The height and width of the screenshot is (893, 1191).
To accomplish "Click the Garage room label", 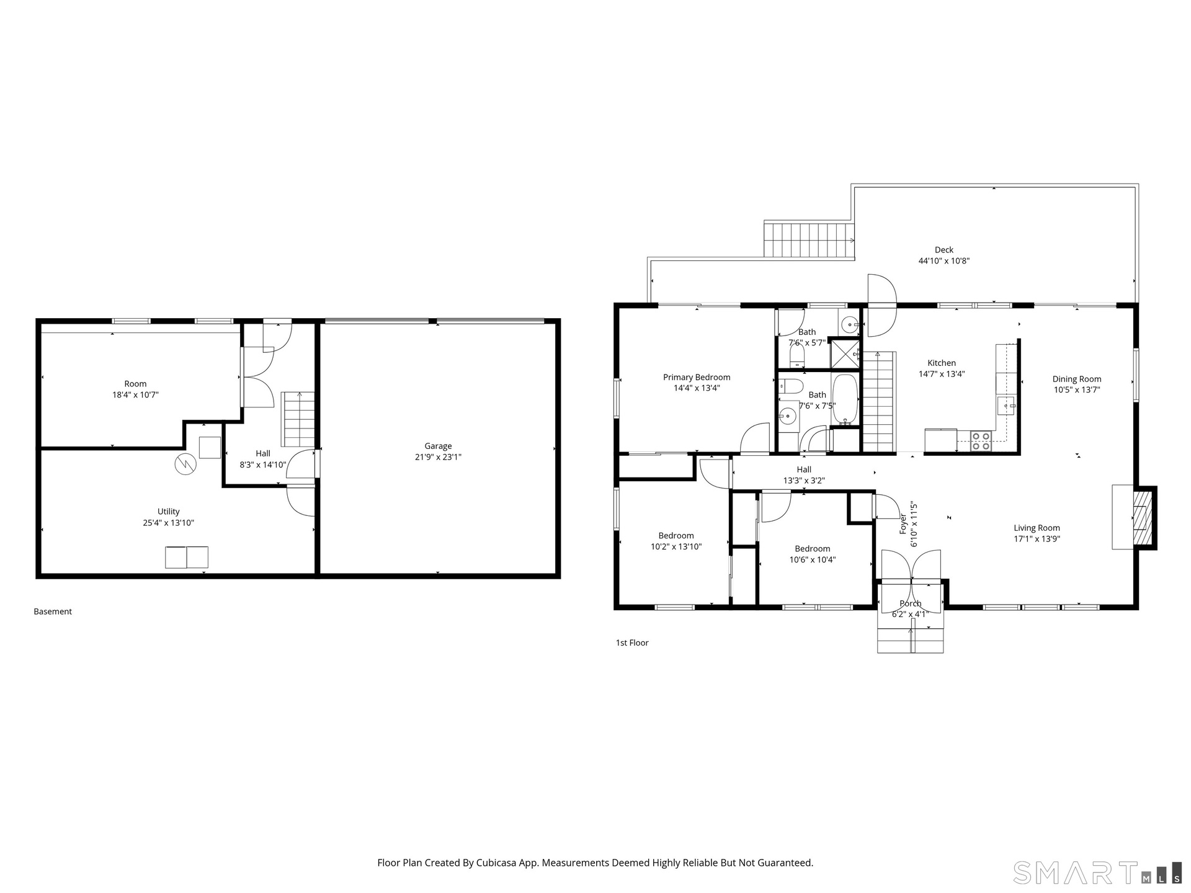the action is [x=438, y=446].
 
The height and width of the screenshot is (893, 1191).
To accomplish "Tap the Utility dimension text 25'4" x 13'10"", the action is [x=168, y=523].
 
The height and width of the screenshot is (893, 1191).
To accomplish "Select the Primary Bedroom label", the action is [x=697, y=377].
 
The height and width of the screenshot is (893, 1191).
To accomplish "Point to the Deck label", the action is [x=944, y=250].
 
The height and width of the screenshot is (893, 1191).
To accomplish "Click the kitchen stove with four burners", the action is [x=981, y=441].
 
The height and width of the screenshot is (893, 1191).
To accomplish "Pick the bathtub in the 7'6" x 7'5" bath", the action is [x=844, y=399].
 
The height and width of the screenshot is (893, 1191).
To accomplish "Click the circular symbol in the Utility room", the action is [x=185, y=464].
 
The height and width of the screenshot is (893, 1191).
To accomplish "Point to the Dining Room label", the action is [x=1077, y=379].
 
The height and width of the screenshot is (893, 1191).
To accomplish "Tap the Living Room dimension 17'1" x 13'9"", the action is [x=1037, y=539].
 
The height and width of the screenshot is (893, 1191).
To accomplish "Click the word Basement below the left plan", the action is [x=53, y=611].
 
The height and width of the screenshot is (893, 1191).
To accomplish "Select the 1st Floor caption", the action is [x=632, y=642].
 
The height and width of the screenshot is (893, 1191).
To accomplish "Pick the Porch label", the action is [x=911, y=603].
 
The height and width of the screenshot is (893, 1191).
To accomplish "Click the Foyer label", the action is [x=903, y=524].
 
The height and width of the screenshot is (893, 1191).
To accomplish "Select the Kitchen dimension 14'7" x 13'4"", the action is [x=942, y=374].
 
